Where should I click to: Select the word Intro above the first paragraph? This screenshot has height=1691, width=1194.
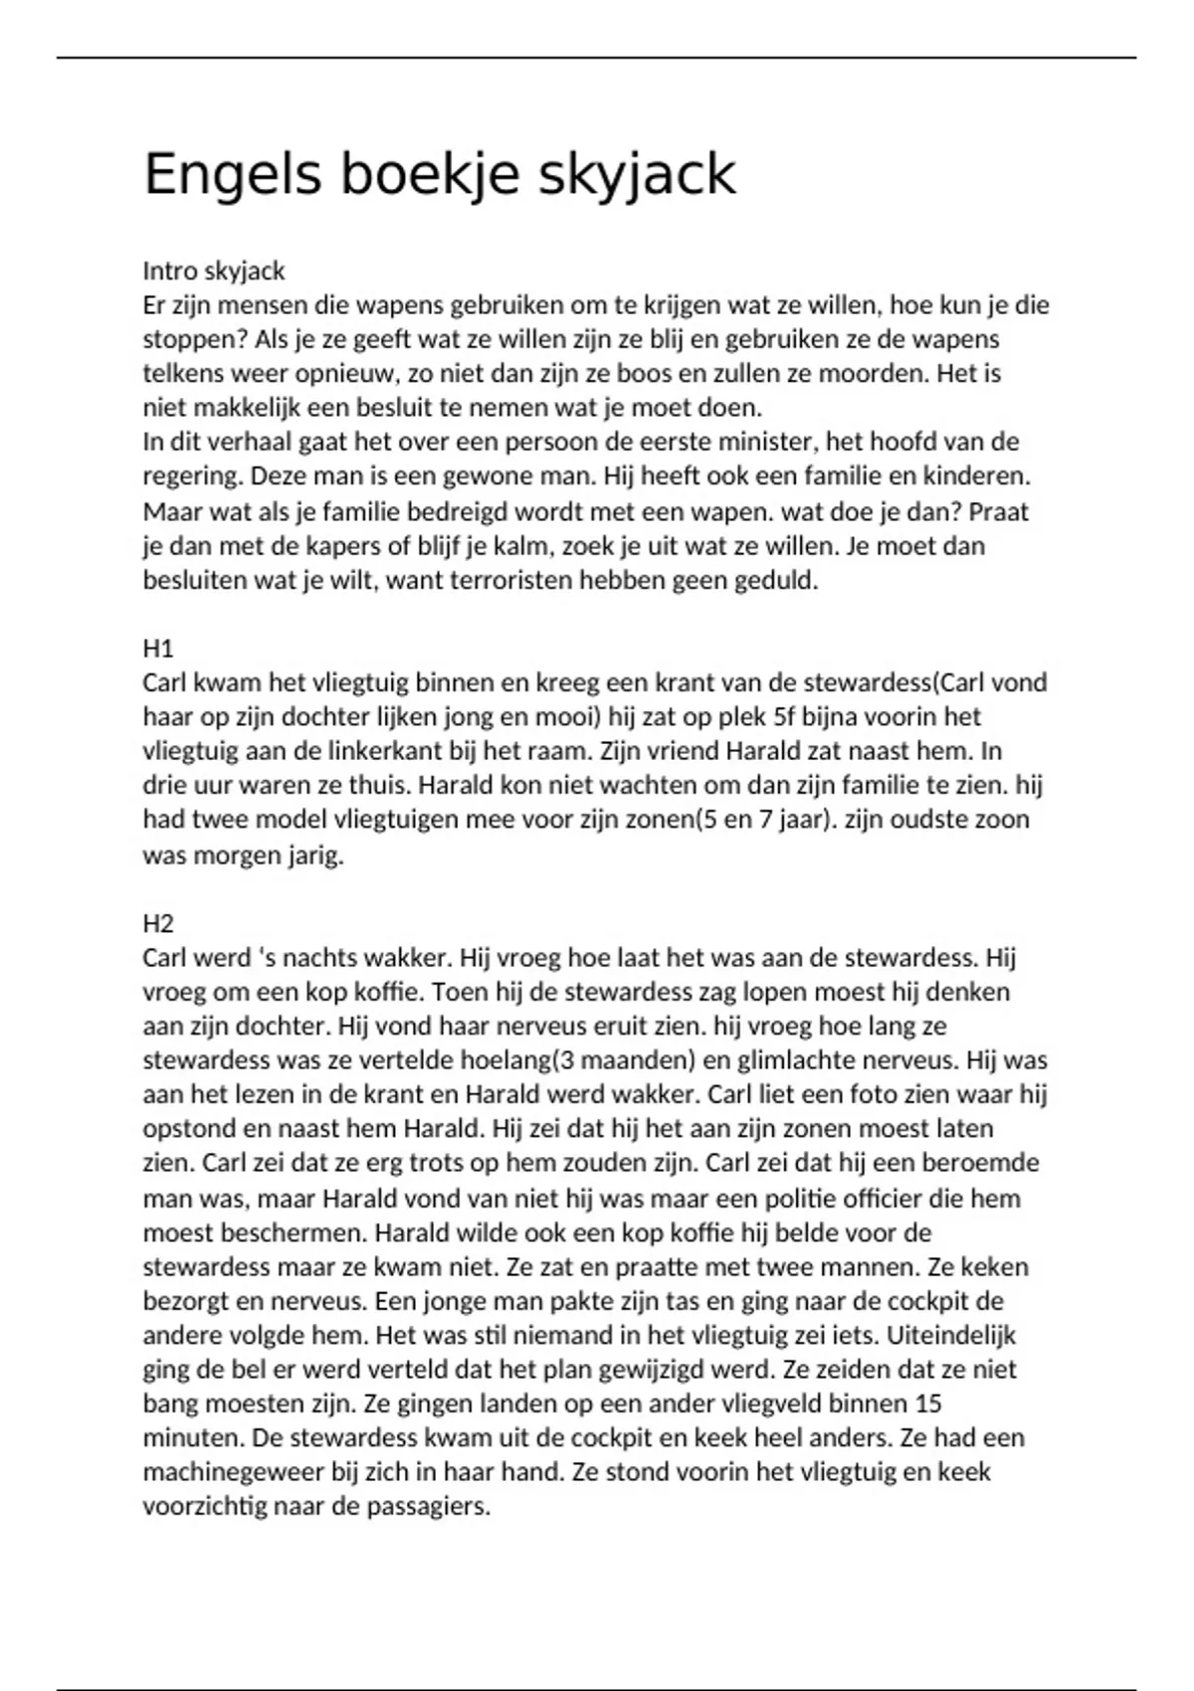pyautogui.click(x=169, y=271)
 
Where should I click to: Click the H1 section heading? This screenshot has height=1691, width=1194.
pyautogui.click(x=158, y=649)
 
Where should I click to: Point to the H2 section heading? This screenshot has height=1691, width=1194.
pyautogui.click(x=158, y=924)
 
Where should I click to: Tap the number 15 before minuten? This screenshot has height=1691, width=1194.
pyautogui.click(x=927, y=1404)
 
